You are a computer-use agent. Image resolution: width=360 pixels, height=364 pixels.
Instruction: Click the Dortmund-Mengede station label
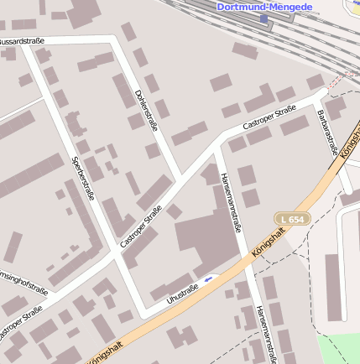tap(264, 7)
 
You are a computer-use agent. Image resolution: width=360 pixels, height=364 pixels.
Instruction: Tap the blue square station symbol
tap(264, 18)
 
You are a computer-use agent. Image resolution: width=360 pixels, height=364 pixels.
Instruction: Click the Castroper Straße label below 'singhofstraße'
tap(21, 324)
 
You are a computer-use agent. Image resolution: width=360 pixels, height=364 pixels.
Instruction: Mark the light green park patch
tap(339, 348)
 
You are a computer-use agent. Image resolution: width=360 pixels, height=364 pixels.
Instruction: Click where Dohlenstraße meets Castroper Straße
tap(181, 179)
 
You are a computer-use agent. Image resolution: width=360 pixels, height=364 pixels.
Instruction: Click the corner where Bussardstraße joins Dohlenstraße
tap(116, 39)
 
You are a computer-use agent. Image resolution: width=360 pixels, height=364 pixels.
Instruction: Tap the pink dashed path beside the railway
tap(339, 81)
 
